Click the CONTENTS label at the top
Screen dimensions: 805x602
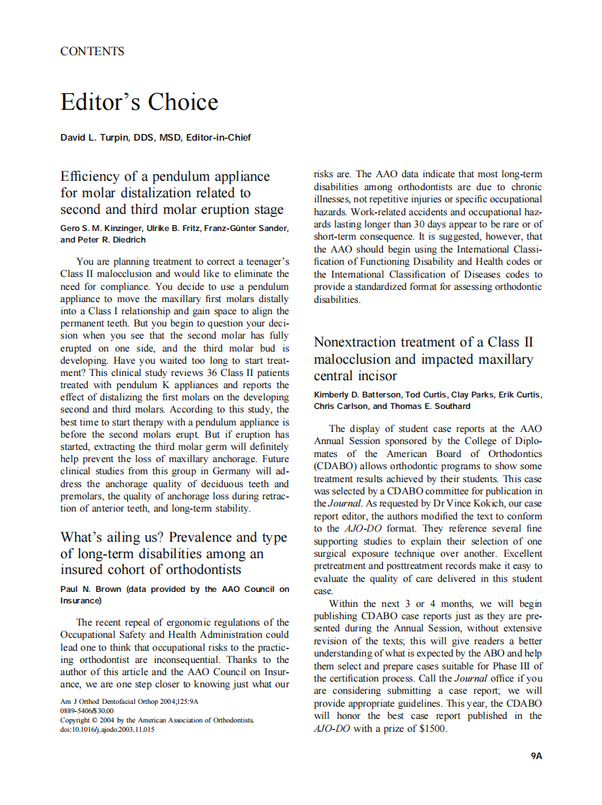92,52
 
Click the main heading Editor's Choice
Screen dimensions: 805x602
139,102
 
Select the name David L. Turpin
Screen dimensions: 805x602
94,136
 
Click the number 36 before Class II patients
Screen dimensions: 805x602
181,372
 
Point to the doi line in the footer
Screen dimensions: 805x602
107,730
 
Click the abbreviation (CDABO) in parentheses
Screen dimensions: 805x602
337,466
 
